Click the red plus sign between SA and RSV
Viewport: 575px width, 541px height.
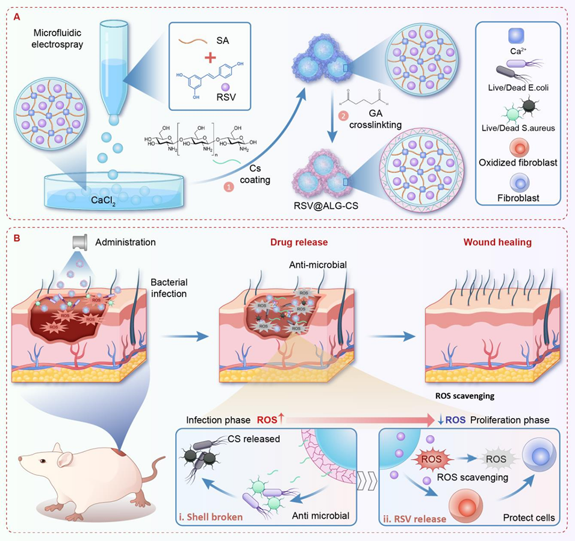[x=206, y=60]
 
